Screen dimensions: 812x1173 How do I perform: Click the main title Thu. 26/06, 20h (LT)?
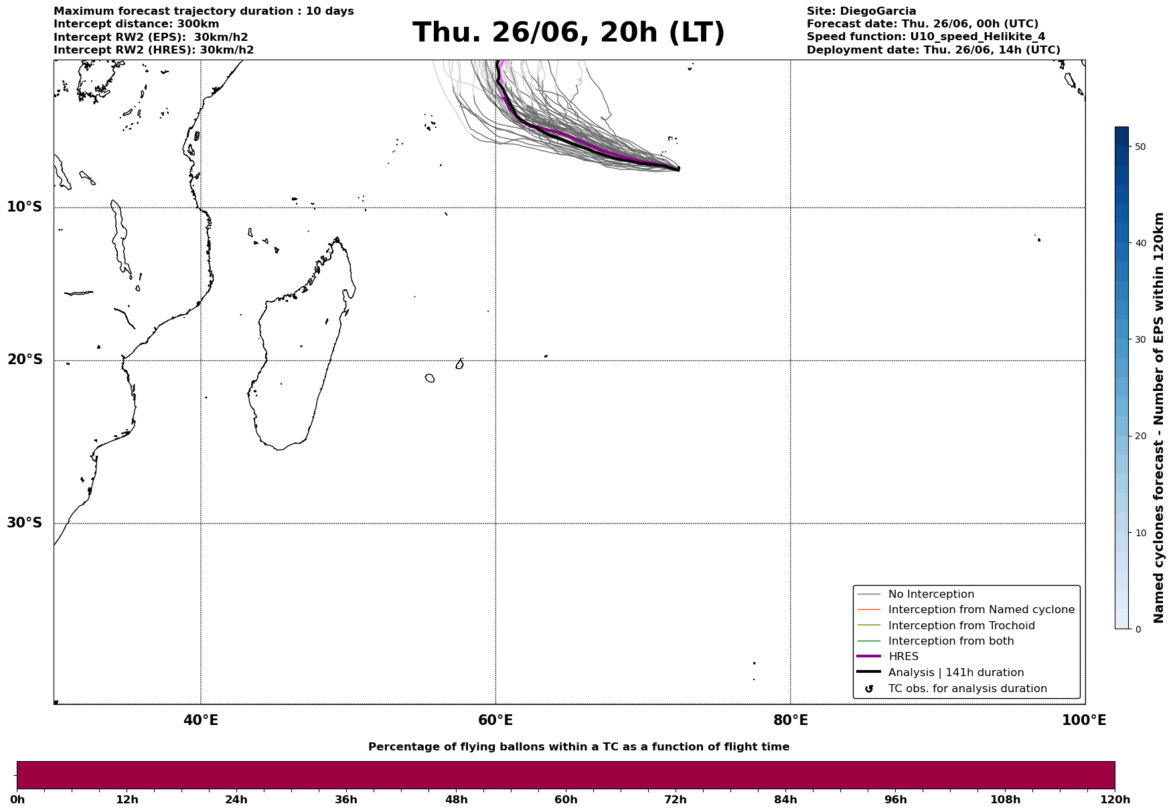coord(568,33)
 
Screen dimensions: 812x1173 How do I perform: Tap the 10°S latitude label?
coord(25,207)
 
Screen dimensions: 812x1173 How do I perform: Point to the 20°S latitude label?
coord(25,360)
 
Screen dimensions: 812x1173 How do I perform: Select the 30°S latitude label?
coord(25,523)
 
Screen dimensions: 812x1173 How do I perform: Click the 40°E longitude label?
coord(200,720)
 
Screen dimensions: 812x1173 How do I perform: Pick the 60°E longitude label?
coord(495,720)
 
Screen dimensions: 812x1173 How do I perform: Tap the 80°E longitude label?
coord(791,720)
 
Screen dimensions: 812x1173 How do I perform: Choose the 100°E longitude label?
coord(1084,720)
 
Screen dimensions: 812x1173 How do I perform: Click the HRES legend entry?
coord(903,657)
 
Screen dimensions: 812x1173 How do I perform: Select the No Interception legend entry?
coord(931,594)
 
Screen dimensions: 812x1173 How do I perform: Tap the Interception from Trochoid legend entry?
coord(961,626)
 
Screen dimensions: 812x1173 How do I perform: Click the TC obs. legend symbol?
coord(869,689)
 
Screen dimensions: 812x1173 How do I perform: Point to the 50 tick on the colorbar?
coord(1141,147)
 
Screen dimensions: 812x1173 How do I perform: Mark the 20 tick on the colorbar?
coord(1141,436)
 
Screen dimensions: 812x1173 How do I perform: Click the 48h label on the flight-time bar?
coord(456,800)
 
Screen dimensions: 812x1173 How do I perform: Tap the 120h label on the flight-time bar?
coord(1115,800)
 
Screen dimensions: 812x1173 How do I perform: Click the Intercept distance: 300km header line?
coord(136,24)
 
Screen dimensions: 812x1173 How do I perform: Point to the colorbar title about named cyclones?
coord(1160,418)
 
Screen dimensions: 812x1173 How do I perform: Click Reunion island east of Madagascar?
coord(430,378)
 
